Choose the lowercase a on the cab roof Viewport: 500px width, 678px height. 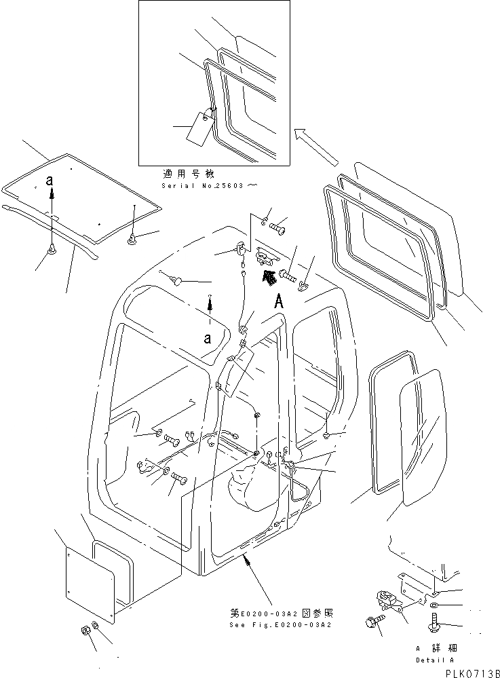208,337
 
